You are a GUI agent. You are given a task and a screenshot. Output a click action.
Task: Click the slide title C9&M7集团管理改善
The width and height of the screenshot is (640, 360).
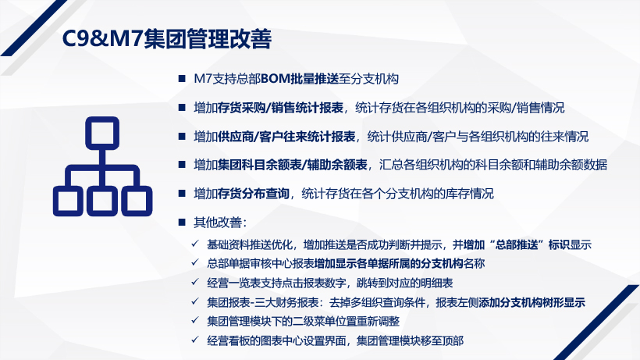click(x=166, y=39)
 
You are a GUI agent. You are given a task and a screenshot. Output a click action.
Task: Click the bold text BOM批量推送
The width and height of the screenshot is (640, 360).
click(x=300, y=79)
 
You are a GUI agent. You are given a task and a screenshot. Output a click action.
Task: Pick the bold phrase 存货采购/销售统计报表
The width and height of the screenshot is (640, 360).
click(x=280, y=108)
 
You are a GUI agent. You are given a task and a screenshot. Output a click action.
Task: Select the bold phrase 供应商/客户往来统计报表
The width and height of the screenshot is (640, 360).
click(x=286, y=137)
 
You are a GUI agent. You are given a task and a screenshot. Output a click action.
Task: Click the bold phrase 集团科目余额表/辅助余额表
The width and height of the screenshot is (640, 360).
click(x=292, y=165)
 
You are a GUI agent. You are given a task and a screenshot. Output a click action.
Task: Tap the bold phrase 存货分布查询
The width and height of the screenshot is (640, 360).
click(x=254, y=194)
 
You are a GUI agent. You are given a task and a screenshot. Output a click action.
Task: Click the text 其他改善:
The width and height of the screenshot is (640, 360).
click(x=220, y=223)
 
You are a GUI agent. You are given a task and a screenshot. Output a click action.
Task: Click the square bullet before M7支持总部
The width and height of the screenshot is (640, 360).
click(x=182, y=78)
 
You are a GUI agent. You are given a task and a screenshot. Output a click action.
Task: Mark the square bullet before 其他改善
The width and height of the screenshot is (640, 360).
click(x=182, y=222)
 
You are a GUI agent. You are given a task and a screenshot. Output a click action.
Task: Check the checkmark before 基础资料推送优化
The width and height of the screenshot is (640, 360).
click(x=195, y=244)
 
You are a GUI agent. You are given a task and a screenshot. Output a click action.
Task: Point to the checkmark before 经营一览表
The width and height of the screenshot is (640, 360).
click(x=195, y=282)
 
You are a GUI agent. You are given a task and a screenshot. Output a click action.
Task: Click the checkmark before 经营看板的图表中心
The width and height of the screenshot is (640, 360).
click(x=195, y=339)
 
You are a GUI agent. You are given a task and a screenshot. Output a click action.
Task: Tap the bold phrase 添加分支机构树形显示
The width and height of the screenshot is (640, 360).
click(x=532, y=302)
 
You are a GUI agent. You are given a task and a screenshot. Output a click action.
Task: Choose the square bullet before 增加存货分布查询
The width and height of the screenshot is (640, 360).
click(x=182, y=193)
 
